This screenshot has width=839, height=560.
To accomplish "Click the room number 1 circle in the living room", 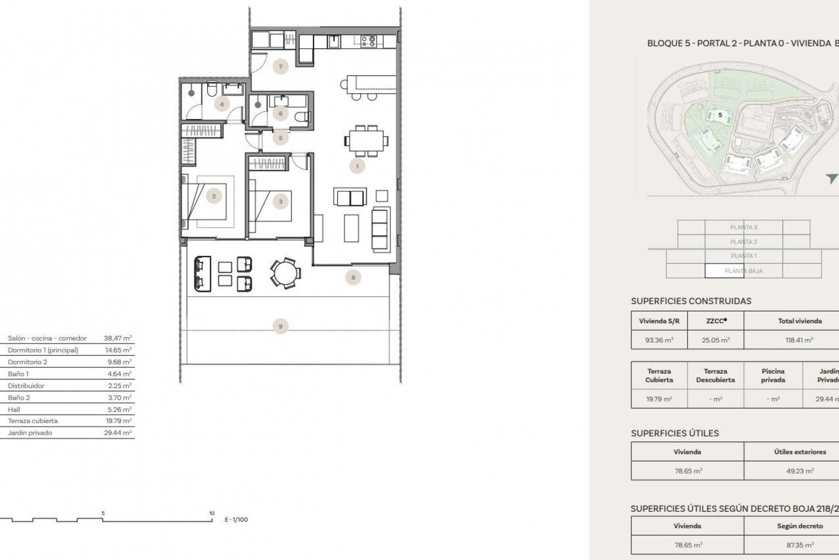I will pos(357,166).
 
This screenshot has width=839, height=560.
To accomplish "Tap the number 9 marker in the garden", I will pos(280,326).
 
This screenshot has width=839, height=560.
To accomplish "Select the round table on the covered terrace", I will pos(285,273).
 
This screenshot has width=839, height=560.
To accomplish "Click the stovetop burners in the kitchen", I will pos(368,41).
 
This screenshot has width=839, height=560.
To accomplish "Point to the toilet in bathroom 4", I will pos(212,91).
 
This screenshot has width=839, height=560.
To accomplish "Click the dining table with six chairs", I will pos(366,141).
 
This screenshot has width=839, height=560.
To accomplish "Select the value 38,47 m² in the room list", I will pos(118,338).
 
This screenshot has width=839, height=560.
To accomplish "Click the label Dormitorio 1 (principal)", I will pos(43,350).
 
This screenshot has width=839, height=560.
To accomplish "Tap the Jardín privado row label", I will pos(30,433).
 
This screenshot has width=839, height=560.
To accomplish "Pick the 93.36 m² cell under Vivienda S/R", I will pos(659,340).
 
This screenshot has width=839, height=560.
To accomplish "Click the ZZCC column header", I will pos(715,321).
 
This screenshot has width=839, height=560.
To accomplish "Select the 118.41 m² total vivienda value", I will pos(799,340).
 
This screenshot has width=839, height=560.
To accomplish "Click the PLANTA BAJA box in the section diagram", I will pos(743,271).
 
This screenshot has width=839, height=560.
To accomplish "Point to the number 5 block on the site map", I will pos(720,115).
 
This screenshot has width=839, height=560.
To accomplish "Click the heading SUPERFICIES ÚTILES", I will pos(675,433).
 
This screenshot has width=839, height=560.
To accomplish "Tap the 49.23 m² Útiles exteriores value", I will pos(800,471).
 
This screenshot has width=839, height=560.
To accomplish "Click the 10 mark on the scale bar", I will pos(211,513).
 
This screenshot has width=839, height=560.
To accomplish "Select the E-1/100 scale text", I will pos(236,520).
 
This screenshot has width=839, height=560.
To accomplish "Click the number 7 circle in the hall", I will pos(280,67).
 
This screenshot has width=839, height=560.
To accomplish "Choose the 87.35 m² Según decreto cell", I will pos(800,545).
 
